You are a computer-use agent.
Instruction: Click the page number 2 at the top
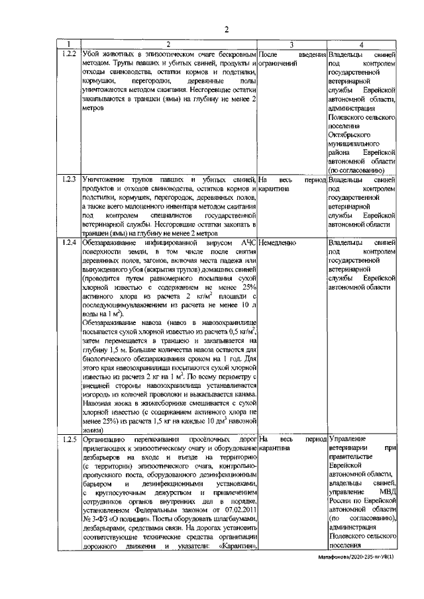[x=226, y=28]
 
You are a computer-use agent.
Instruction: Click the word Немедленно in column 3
[x=278, y=243]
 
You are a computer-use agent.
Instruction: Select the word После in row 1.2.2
[x=268, y=52]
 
